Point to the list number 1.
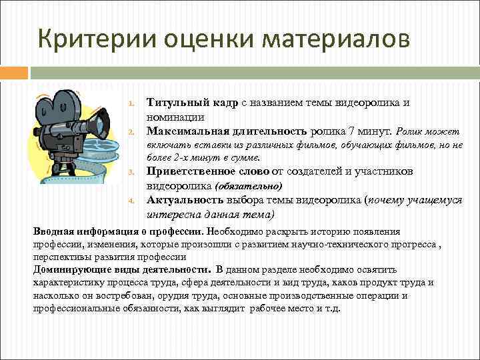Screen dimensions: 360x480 point(132,104)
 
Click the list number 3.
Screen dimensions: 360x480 point(132,174)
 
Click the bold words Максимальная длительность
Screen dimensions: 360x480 point(227,130)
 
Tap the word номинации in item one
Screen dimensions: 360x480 point(172,116)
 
